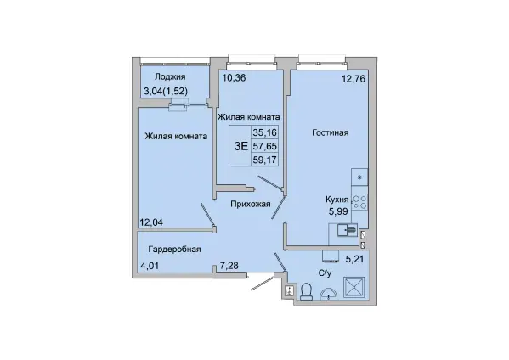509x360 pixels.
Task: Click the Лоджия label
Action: click(x=170, y=77)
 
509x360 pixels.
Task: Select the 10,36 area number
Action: click(x=234, y=78)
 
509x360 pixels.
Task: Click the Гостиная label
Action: click(x=331, y=132)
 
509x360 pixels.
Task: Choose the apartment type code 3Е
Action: click(x=241, y=146)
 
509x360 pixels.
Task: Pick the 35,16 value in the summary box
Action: click(x=265, y=132)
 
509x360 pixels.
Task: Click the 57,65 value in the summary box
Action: click(x=265, y=146)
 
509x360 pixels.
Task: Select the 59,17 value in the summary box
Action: click(x=265, y=160)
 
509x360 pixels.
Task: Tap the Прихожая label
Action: click(x=251, y=204)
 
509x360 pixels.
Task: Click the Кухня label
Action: click(x=337, y=200)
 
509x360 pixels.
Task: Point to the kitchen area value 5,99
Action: click(x=338, y=211)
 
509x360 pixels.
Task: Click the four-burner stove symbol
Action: click(x=359, y=202)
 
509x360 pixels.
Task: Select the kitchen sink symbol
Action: click(x=347, y=230)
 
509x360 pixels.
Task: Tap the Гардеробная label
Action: click(x=175, y=249)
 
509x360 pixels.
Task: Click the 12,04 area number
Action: click(x=151, y=222)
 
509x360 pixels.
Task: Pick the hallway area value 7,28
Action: click(x=229, y=266)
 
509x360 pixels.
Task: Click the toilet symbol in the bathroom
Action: click(x=306, y=291)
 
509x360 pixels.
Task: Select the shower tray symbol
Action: click(x=353, y=287)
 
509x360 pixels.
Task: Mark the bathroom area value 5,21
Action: click(x=355, y=259)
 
